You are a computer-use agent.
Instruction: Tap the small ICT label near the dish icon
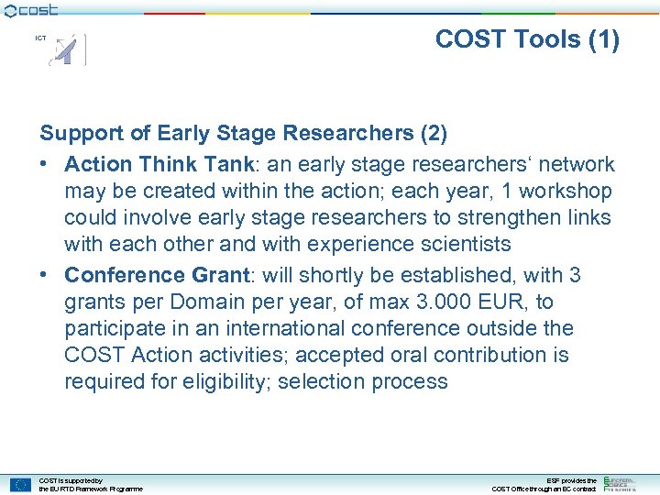pos(40,38)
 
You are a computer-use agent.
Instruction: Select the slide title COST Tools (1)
pos(527,39)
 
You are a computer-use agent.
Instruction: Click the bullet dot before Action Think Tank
pos(46,165)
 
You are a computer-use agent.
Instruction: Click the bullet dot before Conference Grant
pos(46,276)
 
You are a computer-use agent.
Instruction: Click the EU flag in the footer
pos(21,484)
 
